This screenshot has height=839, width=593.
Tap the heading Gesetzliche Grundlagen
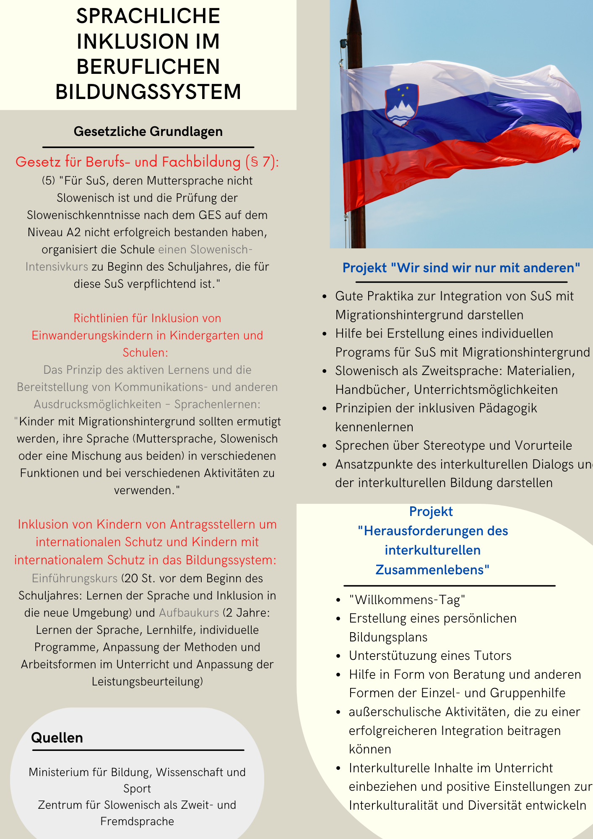(x=148, y=132)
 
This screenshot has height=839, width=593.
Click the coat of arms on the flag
(x=402, y=105)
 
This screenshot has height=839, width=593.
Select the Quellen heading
(x=57, y=737)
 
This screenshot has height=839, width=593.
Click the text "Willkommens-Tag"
(x=407, y=600)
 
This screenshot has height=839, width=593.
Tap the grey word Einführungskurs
(x=75, y=578)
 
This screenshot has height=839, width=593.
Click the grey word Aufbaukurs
(x=189, y=613)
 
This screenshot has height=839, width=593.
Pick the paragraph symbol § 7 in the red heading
(x=262, y=162)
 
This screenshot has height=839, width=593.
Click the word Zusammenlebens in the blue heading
(x=432, y=570)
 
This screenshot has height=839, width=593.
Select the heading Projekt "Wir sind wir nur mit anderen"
(x=461, y=268)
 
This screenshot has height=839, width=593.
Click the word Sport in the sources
(x=137, y=789)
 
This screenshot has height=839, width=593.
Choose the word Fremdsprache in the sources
(x=137, y=821)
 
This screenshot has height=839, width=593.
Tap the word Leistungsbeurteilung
(x=147, y=682)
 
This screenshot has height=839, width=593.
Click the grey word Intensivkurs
(x=57, y=267)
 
